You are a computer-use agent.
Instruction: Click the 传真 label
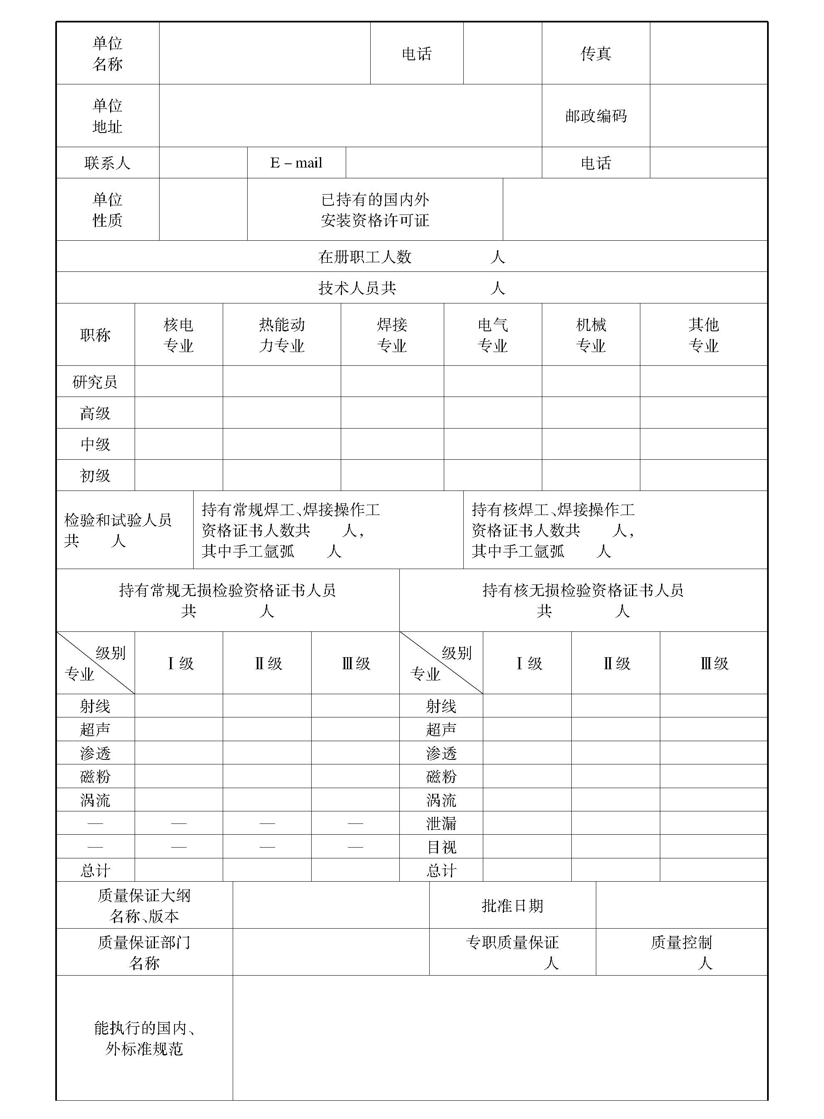coord(595,53)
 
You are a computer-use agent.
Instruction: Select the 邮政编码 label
coord(595,116)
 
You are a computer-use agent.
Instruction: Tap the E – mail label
coord(296,163)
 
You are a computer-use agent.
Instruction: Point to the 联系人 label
coord(107,163)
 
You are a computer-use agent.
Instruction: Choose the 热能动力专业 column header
coord(281,335)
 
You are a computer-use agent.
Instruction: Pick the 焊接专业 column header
coord(392,335)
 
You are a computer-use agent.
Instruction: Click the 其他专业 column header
coord(703,335)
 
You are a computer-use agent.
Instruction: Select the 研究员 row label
coord(95,382)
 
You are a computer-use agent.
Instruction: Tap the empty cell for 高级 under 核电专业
coord(179,413)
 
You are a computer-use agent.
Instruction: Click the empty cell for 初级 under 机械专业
coord(590,475)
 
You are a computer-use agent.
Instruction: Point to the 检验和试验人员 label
coord(118,520)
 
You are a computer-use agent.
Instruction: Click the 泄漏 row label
coord(441,823)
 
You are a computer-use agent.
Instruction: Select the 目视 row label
coord(441,847)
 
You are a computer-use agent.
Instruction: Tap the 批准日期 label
coord(512,905)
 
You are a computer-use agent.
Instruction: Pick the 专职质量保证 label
coord(512,942)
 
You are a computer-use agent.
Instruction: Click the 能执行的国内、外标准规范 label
coord(144,1038)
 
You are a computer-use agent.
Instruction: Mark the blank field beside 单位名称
coord(264,53)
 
